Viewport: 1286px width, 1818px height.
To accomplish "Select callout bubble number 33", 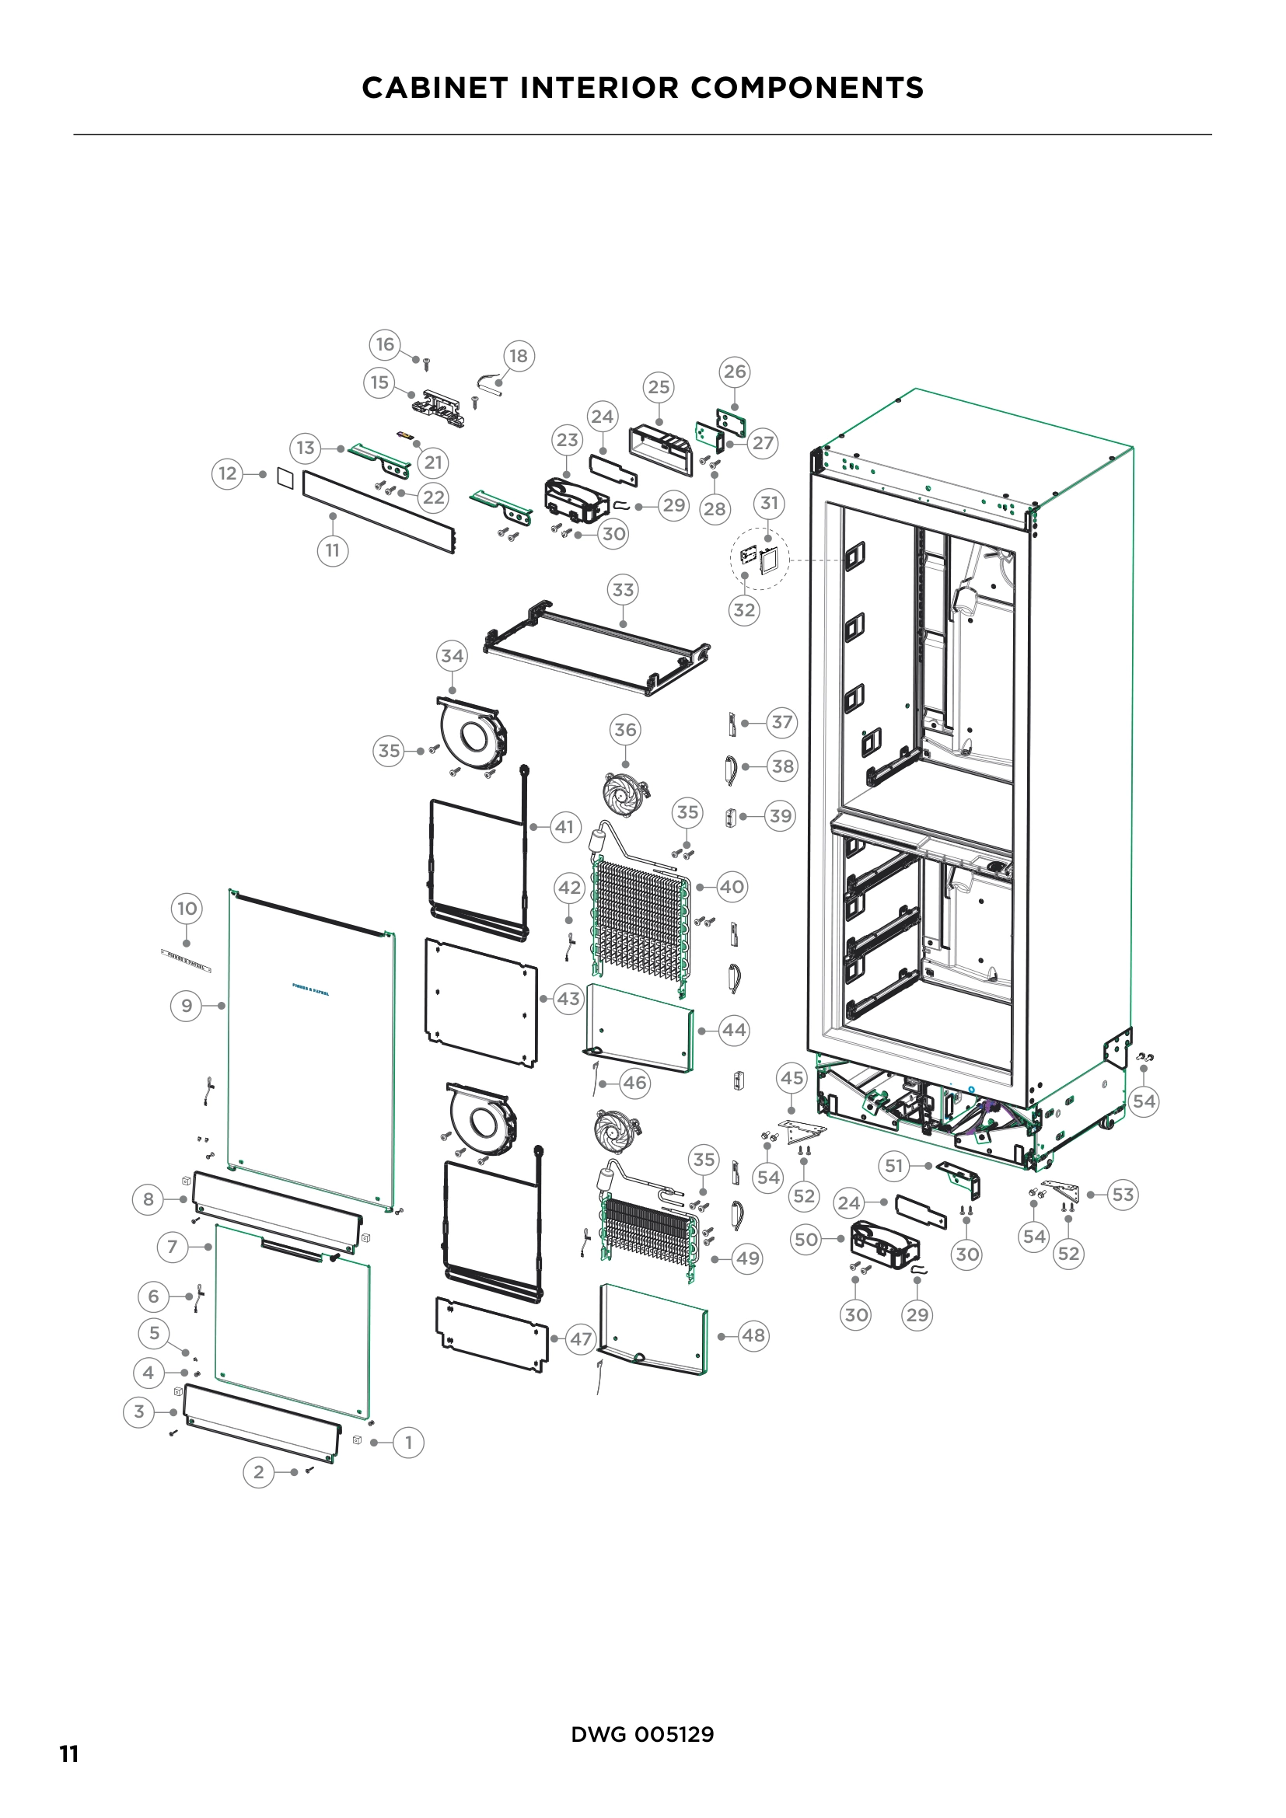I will (624, 590).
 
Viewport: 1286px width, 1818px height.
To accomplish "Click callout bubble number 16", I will (385, 344).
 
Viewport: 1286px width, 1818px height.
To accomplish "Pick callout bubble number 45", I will (792, 1077).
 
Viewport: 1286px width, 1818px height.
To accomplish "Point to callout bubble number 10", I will (187, 908).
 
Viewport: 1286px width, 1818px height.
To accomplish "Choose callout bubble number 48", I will (753, 1336).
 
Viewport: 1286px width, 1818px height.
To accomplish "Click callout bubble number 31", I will (769, 503).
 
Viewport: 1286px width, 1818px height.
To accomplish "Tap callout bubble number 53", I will (1123, 1194).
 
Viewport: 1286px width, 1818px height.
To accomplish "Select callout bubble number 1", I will (409, 1442).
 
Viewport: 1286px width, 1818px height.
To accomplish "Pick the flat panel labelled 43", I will (481, 1002).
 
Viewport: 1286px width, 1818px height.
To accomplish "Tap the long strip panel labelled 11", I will (379, 512).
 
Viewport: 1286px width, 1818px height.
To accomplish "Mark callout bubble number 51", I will (894, 1166).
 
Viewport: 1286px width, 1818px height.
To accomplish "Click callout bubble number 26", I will (735, 372).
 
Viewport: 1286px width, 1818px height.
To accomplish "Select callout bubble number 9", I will (187, 1006).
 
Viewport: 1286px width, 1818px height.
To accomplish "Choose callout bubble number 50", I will (806, 1239).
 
